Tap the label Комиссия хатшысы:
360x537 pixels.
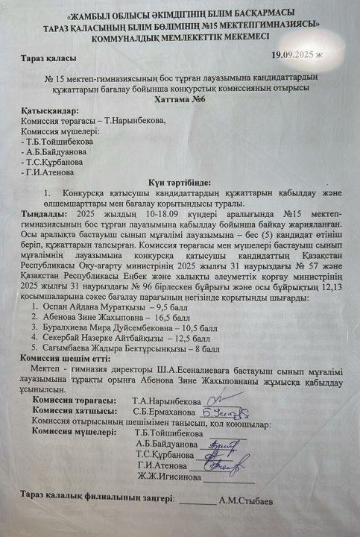click(x=75, y=409)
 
